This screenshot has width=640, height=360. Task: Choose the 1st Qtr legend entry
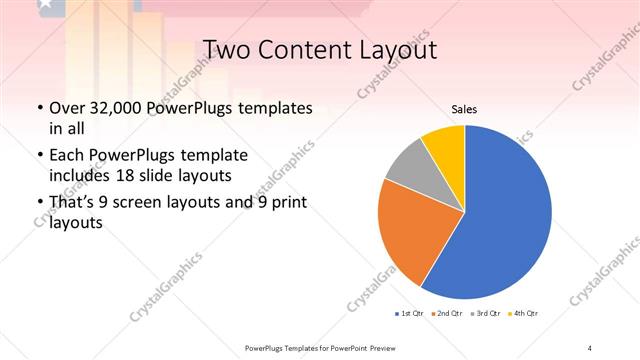click(x=410, y=313)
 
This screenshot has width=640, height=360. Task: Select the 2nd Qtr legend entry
click(x=447, y=313)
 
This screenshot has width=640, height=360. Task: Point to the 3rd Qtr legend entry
click(x=486, y=313)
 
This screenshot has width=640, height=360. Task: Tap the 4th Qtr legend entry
click(x=525, y=313)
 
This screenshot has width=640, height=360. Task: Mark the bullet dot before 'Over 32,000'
click(x=38, y=108)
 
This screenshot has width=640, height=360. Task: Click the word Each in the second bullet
click(x=67, y=156)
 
